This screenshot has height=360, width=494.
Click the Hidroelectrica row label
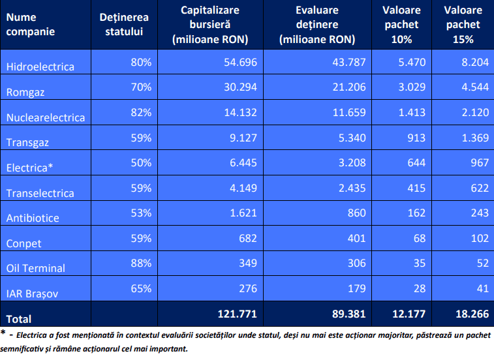(x=40, y=67)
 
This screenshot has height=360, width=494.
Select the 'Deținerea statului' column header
(x=124, y=25)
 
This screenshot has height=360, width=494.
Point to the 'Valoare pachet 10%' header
(x=402, y=25)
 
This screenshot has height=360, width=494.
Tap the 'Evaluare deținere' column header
(x=316, y=25)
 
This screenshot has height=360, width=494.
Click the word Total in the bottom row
(x=18, y=319)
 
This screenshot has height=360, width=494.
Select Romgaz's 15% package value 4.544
(x=473, y=87)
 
